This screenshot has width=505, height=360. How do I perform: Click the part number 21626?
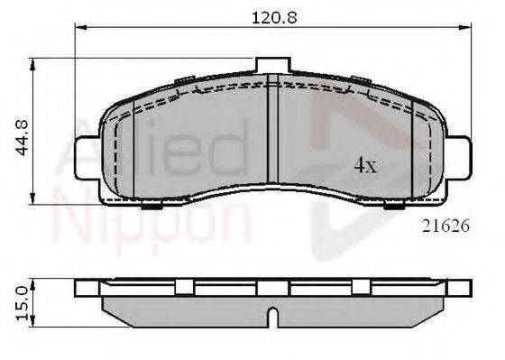click(x=445, y=226)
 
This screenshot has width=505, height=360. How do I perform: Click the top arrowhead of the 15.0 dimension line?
click(x=35, y=282)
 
